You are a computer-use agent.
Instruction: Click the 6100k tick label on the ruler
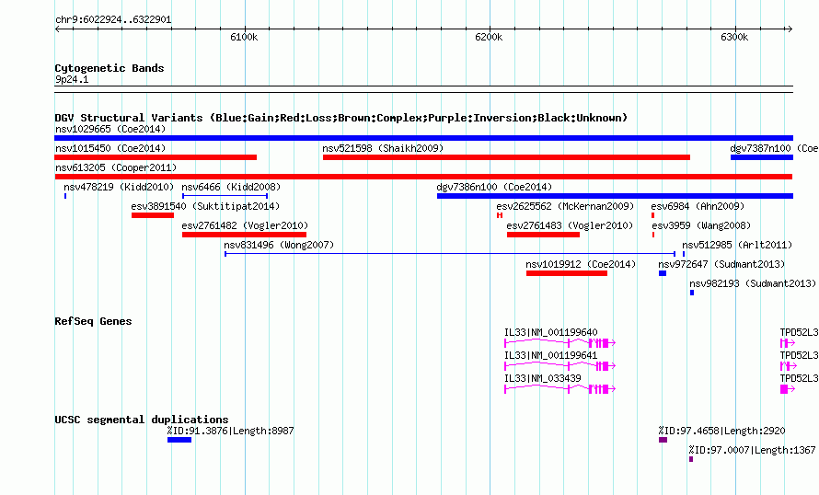click(x=244, y=37)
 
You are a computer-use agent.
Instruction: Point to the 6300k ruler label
click(x=734, y=37)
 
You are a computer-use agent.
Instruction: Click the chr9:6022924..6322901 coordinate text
click(x=113, y=20)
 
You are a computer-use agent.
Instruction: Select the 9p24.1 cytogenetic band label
click(x=72, y=79)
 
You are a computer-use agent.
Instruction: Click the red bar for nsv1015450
click(x=156, y=157)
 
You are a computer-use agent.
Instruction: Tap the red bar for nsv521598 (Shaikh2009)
click(x=507, y=157)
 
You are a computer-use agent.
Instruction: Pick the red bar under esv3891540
click(x=153, y=215)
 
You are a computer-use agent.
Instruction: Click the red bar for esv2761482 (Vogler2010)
click(x=245, y=235)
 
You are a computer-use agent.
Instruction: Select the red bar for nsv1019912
click(x=567, y=273)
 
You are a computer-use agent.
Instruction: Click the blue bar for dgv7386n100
click(x=616, y=196)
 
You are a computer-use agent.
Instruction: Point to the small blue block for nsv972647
click(x=663, y=273)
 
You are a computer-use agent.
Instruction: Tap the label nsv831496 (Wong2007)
click(x=279, y=245)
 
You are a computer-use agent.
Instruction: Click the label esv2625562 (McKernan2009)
click(x=565, y=206)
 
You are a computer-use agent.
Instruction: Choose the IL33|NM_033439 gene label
click(x=543, y=378)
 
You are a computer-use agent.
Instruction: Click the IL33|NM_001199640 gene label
click(x=551, y=333)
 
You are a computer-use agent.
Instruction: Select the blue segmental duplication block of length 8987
click(x=179, y=440)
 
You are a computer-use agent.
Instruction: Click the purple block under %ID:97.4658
click(x=663, y=440)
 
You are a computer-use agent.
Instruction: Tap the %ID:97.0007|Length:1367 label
click(x=752, y=450)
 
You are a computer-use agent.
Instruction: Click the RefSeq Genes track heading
click(x=94, y=321)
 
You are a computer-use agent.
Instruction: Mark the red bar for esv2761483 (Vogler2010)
click(x=543, y=235)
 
